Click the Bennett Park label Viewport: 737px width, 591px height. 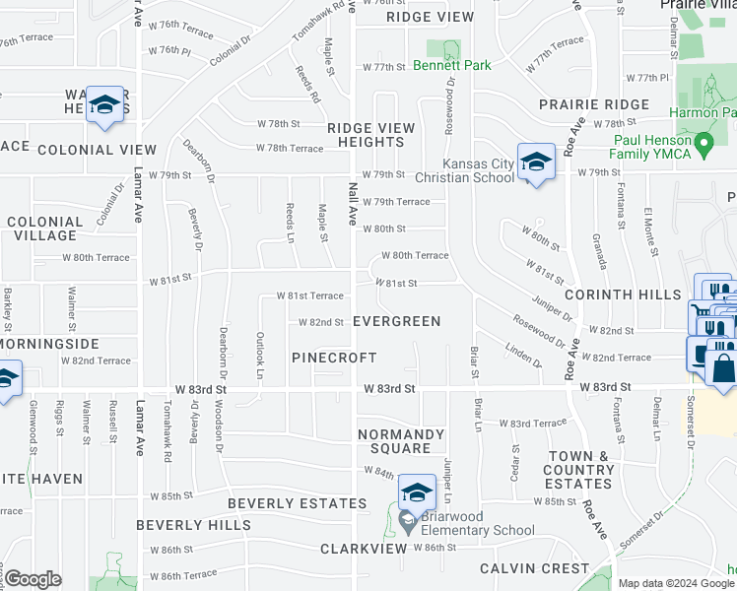[x=451, y=66]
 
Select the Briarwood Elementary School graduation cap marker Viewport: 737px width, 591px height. [x=417, y=492]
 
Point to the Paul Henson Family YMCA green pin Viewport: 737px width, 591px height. [x=703, y=146]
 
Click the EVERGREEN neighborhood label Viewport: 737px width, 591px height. [x=396, y=321]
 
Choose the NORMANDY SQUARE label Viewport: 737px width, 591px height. [x=394, y=440]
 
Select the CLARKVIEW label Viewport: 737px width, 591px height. [x=363, y=548]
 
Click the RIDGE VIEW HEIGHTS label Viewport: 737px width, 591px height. [x=370, y=135]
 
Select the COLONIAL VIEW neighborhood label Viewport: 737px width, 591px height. [x=97, y=150]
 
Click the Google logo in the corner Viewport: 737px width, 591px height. [x=33, y=579]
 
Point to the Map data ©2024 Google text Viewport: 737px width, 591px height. [x=676, y=583]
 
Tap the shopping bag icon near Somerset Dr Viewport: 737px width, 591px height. [x=722, y=369]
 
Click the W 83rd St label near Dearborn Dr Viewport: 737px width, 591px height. [x=199, y=389]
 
